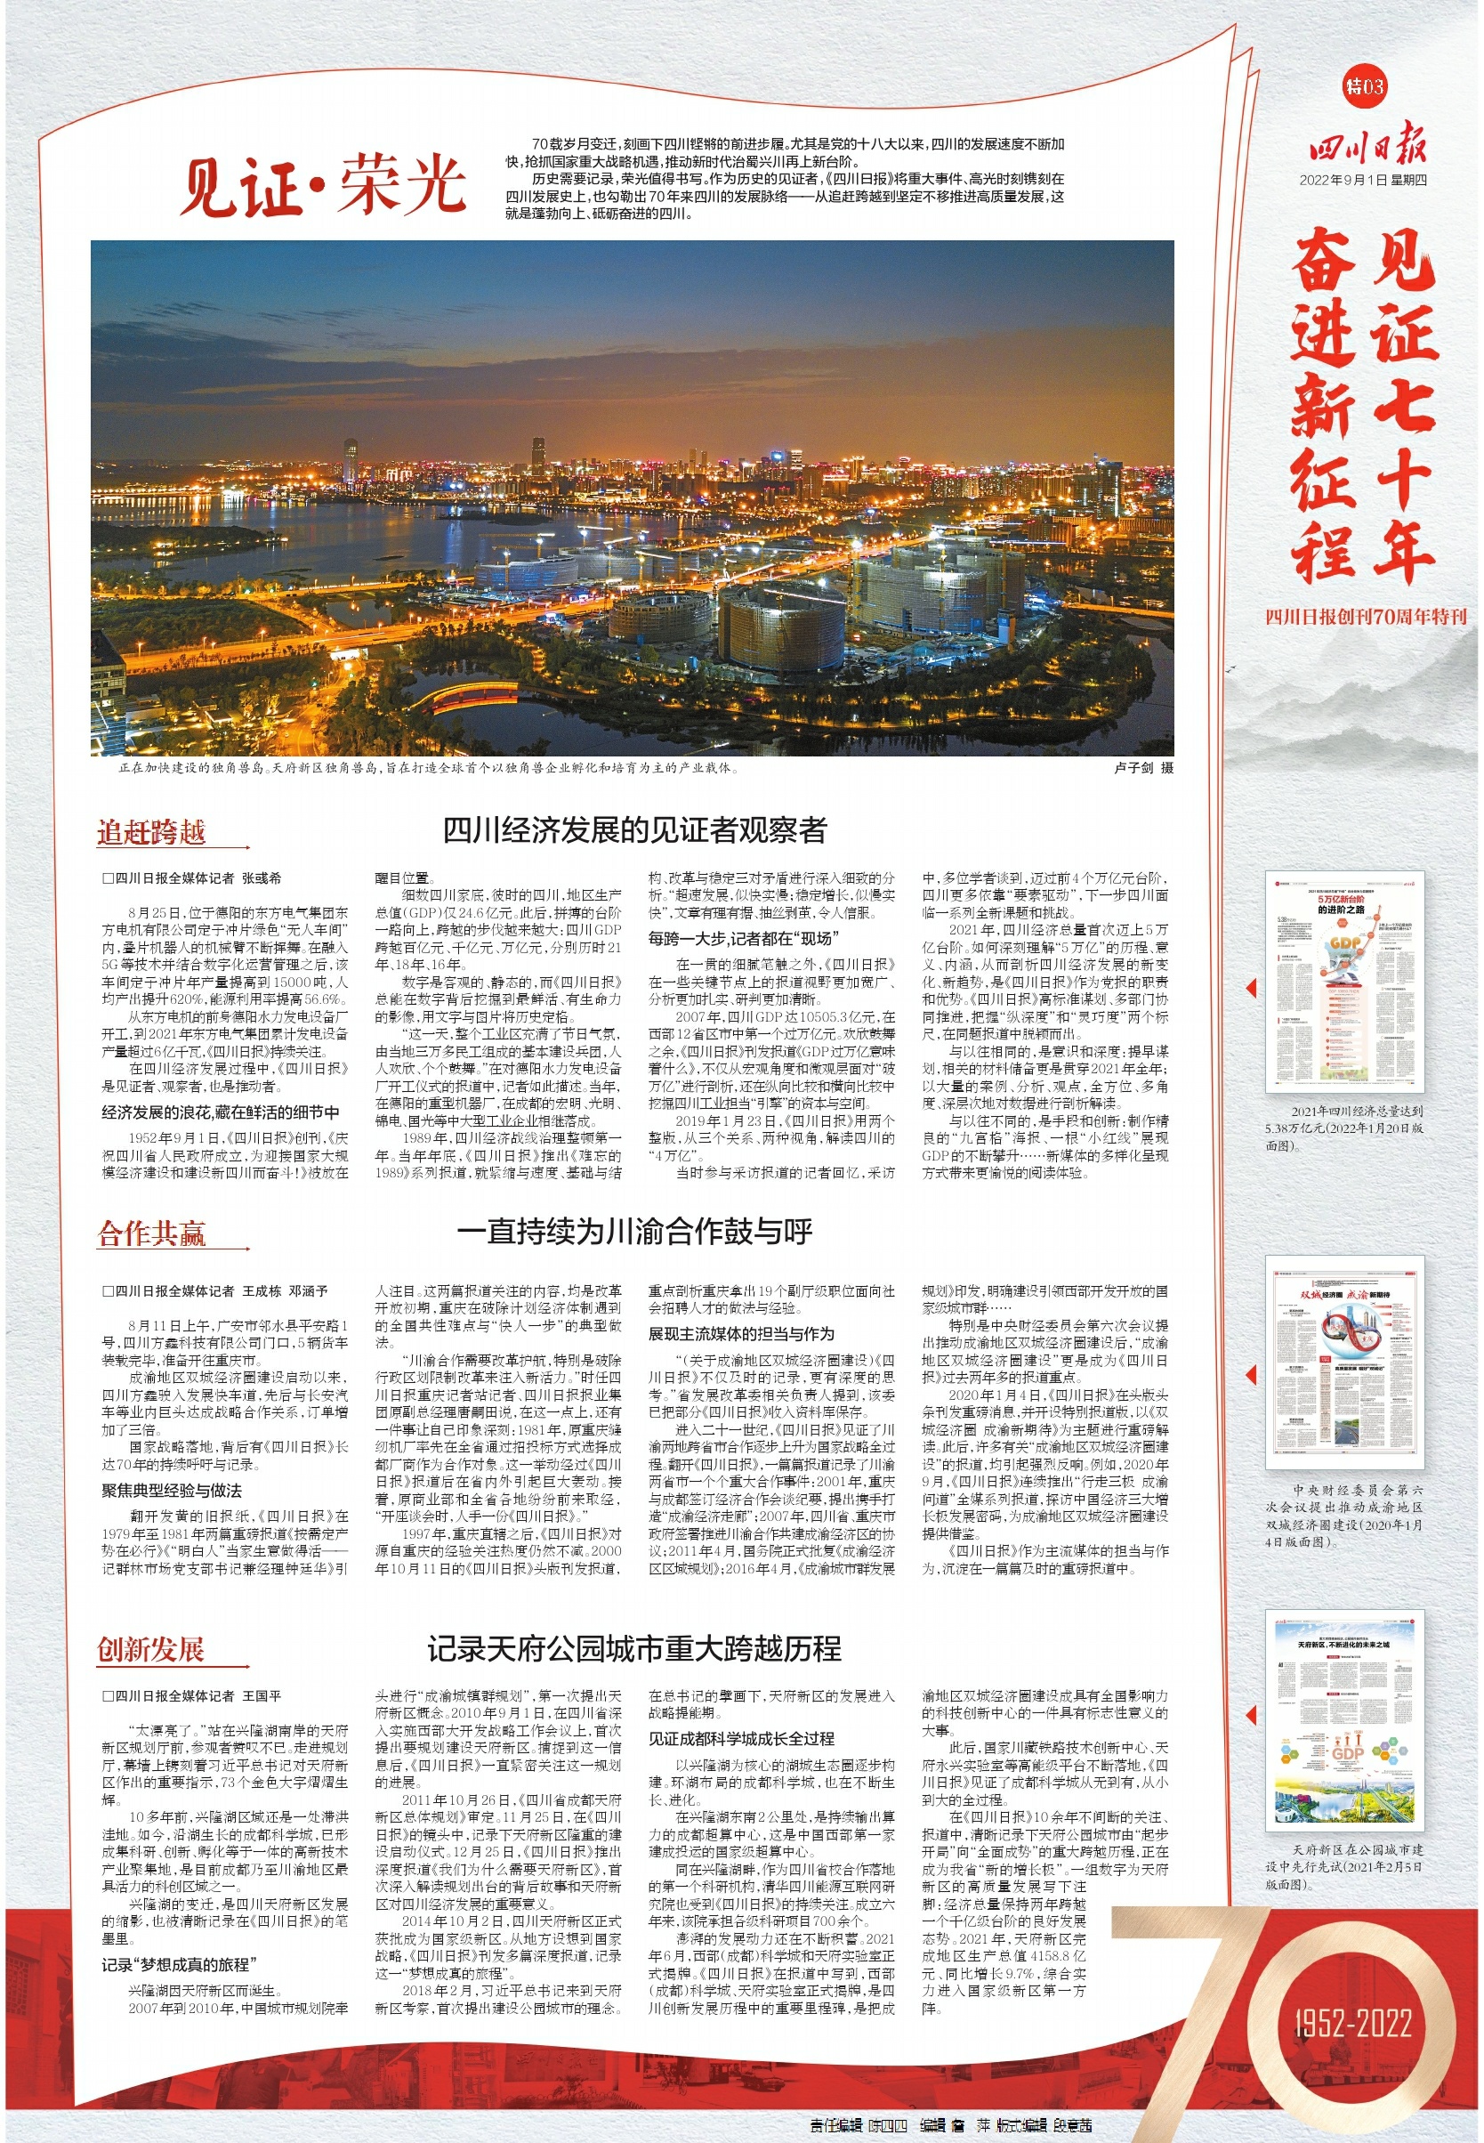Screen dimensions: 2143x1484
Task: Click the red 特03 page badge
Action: (1364, 86)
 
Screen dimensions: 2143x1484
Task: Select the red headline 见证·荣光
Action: (322, 185)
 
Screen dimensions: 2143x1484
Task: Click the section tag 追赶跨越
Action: (151, 832)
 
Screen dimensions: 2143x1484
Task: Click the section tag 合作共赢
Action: (151, 1234)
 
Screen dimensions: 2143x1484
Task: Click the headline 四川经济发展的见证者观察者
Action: (634, 829)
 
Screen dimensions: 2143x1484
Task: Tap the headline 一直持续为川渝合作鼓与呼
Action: (634, 1232)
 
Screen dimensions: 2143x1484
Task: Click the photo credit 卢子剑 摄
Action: (1142, 768)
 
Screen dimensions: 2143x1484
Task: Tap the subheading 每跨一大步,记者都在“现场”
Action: (743, 939)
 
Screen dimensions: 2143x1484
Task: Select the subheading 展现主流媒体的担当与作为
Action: (741, 1334)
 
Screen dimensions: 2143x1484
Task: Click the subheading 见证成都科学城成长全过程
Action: (741, 1738)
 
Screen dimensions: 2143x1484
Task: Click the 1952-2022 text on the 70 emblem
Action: (1353, 2024)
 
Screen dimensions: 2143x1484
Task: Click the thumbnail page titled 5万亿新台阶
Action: (1344, 982)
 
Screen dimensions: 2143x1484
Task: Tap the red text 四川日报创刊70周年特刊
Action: (1365, 617)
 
